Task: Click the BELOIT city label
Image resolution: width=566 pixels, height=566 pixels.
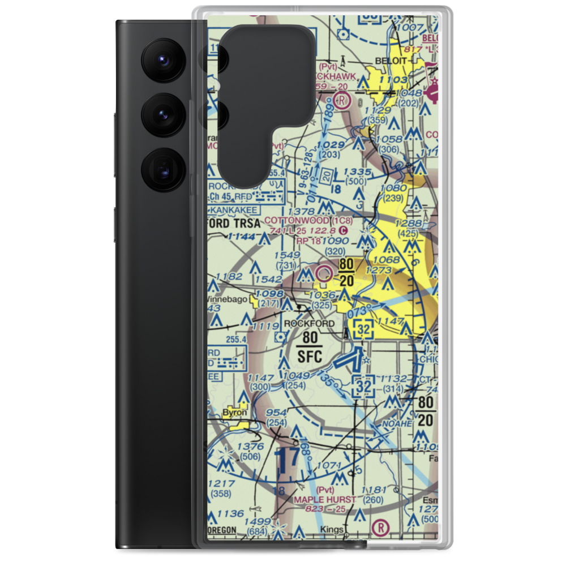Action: pyautogui.click(x=391, y=61)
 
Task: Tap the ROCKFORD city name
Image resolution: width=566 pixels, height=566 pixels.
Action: pyautogui.click(x=310, y=323)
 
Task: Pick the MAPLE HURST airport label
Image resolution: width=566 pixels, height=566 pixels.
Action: pyautogui.click(x=325, y=499)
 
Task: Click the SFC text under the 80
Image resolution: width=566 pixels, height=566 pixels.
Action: pyautogui.click(x=309, y=357)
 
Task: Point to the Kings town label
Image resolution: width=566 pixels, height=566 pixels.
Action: pyautogui.click(x=331, y=530)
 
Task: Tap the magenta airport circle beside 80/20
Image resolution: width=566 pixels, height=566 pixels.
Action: pyautogui.click(x=324, y=275)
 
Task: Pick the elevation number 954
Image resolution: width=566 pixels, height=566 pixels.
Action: pyautogui.click(x=276, y=413)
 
